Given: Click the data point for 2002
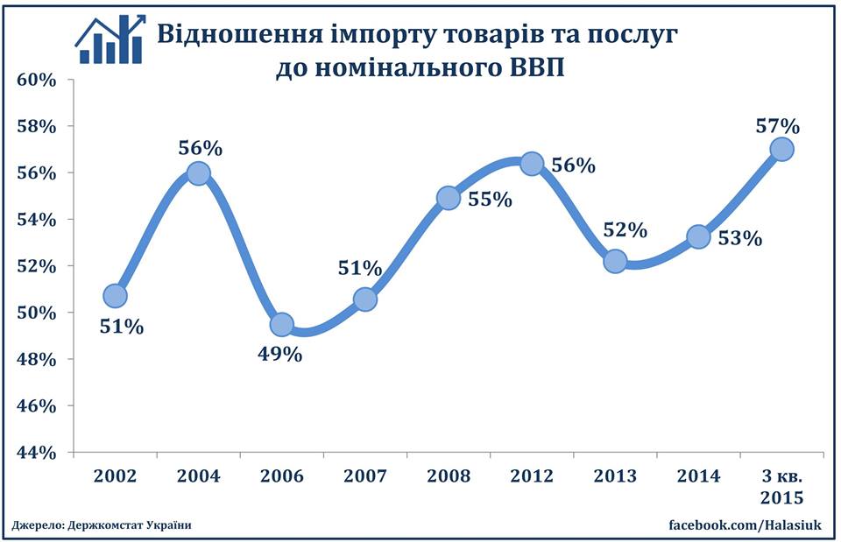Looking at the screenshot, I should pyautogui.click(x=115, y=296).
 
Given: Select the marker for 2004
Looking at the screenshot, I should pyautogui.click(x=199, y=173).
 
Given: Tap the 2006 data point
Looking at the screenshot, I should pyautogui.click(x=282, y=325).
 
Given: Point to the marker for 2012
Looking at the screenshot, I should pyautogui.click(x=532, y=164).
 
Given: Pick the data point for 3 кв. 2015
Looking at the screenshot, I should pyautogui.click(x=781, y=149).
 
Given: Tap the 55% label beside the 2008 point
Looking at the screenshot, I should pyautogui.click(x=491, y=200).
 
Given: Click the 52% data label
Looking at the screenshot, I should pyautogui.click(x=625, y=231).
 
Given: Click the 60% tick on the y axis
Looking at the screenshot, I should pyautogui.click(x=37, y=80).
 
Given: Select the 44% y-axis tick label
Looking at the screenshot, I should pyautogui.click(x=37, y=453).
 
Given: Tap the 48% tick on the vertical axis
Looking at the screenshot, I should pyautogui.click(x=37, y=360).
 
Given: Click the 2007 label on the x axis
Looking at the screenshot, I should pyautogui.click(x=365, y=475).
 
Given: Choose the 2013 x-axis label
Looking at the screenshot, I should pyautogui.click(x=616, y=475).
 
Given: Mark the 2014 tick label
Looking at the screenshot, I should pyautogui.click(x=698, y=475).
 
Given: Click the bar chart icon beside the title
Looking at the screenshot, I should pyautogui.click(x=109, y=39).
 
